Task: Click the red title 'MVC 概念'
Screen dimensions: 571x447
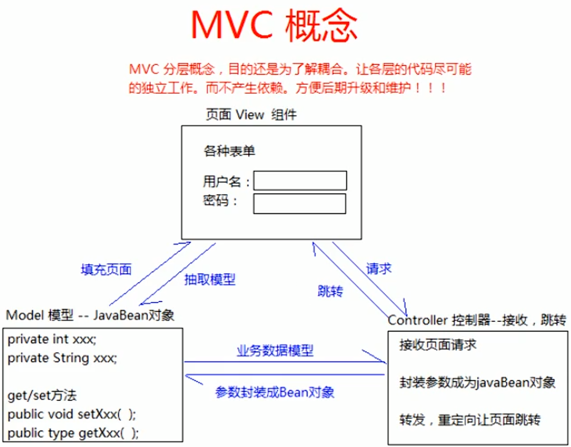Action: pyautogui.click(x=274, y=25)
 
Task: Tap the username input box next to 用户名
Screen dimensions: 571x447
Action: pyautogui.click(x=300, y=181)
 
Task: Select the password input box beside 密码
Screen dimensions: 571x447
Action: pyautogui.click(x=300, y=203)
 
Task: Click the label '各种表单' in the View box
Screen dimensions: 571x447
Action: pyautogui.click(x=229, y=150)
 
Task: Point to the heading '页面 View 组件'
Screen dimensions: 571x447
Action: pyautogui.click(x=251, y=115)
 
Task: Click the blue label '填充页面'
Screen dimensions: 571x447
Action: pyautogui.click(x=106, y=269)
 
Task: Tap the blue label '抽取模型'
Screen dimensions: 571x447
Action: pyautogui.click(x=210, y=279)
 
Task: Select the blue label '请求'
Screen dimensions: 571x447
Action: pyautogui.click(x=379, y=268)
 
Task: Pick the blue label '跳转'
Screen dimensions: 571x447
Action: pyautogui.click(x=331, y=291)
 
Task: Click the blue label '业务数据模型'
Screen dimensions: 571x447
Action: pyautogui.click(x=275, y=350)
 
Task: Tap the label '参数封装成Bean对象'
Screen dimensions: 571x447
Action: pyautogui.click(x=275, y=392)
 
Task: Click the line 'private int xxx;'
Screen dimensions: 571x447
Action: pyautogui.click(x=52, y=339)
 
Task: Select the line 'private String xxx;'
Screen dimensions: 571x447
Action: pyautogui.click(x=62, y=358)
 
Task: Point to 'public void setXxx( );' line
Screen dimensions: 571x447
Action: pyautogui.click(x=72, y=414)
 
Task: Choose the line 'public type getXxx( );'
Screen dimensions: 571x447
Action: pyautogui.click(x=73, y=433)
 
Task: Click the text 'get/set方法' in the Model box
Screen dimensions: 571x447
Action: pyautogui.click(x=42, y=395)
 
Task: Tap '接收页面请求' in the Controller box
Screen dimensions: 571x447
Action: pyautogui.click(x=438, y=344)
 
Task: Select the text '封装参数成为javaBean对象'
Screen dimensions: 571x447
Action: pyautogui.click(x=478, y=382)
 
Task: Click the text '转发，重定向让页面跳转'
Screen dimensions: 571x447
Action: pyautogui.click(x=470, y=420)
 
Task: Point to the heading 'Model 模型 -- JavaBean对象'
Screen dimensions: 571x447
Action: pyautogui.click(x=91, y=315)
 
